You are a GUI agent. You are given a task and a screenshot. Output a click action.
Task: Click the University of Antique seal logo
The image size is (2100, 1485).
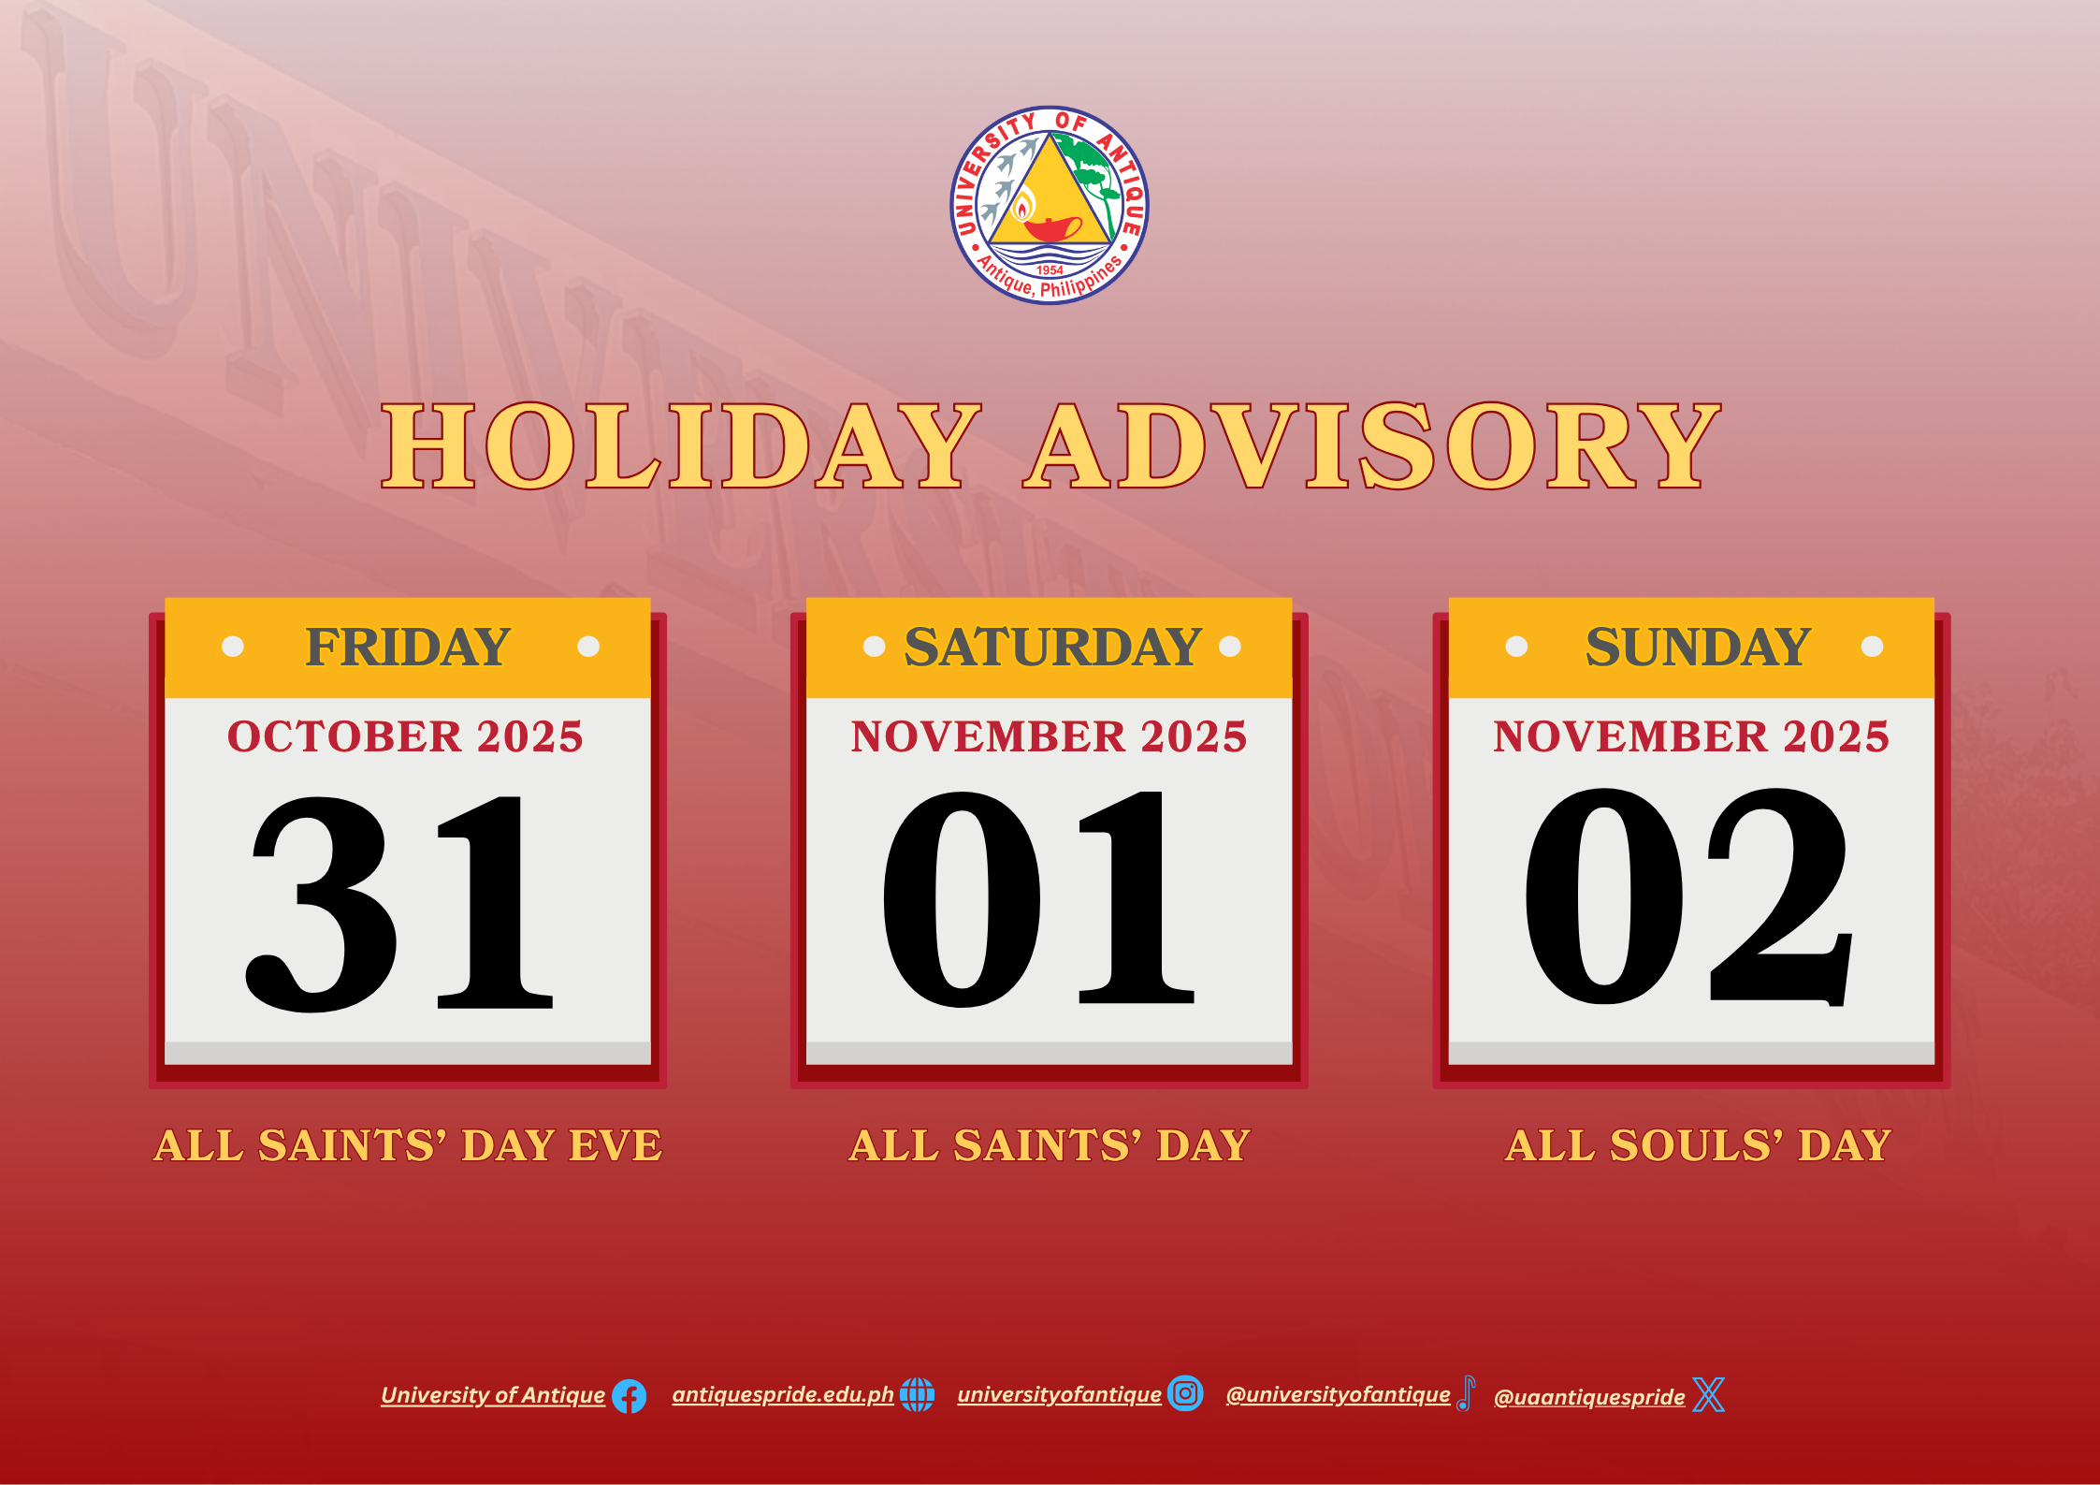click(1050, 205)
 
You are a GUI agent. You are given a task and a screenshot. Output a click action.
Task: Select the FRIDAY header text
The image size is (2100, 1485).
click(409, 647)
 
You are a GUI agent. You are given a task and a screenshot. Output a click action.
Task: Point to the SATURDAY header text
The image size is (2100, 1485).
click(1052, 647)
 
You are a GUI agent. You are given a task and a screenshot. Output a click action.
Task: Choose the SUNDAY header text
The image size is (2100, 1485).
click(1698, 647)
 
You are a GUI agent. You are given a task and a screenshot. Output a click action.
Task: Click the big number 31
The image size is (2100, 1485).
click(400, 904)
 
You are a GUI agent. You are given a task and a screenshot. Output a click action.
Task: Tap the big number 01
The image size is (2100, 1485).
click(1039, 899)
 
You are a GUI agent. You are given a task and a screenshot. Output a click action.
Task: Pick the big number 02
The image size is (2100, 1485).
click(1688, 897)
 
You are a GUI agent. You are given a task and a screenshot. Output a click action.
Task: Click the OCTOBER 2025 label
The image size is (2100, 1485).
click(405, 736)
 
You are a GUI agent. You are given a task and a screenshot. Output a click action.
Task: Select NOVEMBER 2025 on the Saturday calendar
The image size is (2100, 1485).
click(1049, 736)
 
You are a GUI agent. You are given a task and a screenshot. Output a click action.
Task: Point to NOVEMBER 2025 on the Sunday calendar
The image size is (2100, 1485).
click(1691, 736)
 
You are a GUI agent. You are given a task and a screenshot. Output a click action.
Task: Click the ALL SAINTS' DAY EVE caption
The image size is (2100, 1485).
click(409, 1145)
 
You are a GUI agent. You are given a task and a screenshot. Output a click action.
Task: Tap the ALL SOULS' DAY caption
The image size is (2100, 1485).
click(1699, 1145)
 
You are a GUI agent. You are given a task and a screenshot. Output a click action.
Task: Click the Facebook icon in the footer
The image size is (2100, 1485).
click(629, 1396)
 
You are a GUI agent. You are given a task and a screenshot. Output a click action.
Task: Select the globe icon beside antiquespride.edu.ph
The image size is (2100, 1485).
click(917, 1394)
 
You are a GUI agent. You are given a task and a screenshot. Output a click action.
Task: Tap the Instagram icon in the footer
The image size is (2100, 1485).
click(1185, 1393)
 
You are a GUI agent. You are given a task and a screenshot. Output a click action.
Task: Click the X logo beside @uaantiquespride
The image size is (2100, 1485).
click(1709, 1394)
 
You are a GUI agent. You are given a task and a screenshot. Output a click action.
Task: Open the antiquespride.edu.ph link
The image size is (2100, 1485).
click(783, 1394)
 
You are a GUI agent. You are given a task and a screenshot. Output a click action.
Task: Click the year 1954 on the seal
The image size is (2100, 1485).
click(1050, 270)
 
